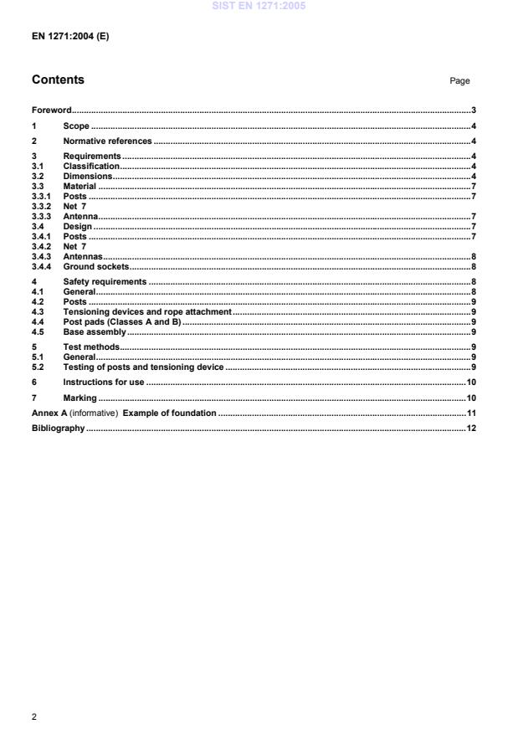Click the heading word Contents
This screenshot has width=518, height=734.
tap(58, 80)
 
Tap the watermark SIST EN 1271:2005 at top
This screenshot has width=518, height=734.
tap(259, 6)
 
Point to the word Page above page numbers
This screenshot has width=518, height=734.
tap(459, 81)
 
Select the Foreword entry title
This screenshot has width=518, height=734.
tap(51, 110)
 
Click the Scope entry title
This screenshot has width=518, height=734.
tap(76, 126)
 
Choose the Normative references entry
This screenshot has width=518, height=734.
tap(107, 141)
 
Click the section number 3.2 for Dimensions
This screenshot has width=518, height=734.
tap(38, 177)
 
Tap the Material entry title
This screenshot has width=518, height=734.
tap(80, 187)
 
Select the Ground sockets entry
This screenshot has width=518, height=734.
tap(96, 267)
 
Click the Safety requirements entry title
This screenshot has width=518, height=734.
tap(105, 282)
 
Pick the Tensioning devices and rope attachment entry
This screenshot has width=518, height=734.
tap(146, 311)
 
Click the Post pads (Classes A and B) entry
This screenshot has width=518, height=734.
tap(122, 321)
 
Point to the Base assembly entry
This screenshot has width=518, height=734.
tap(95, 331)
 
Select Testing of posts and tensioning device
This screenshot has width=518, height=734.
tap(143, 367)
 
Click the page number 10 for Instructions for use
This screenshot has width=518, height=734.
tap(471, 382)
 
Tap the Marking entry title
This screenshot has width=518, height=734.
tap(79, 398)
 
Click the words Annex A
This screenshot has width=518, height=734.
tap(50, 413)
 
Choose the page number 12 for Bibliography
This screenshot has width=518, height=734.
tap(471, 429)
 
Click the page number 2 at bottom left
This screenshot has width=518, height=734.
tap(34, 716)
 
